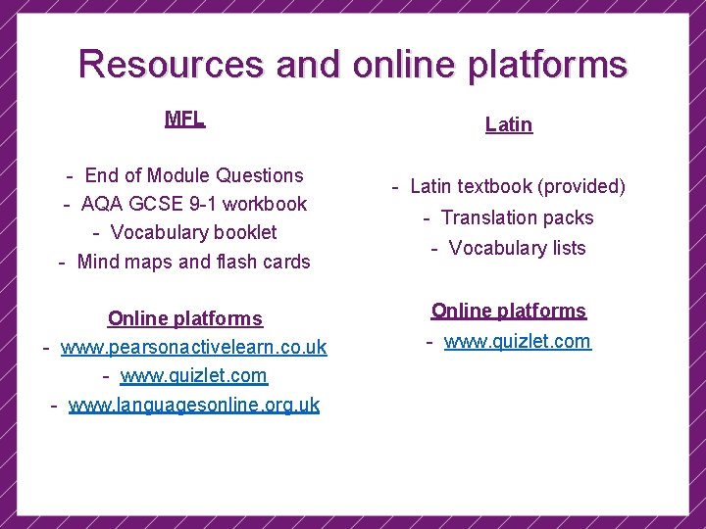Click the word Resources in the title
(172, 65)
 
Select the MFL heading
(184, 120)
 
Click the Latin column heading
(509, 124)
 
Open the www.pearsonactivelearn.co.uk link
(193, 347)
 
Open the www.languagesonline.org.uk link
(193, 405)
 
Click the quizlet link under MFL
(193, 375)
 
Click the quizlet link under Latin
(517, 341)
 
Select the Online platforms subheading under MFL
(185, 318)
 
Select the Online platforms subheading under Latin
(509, 311)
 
